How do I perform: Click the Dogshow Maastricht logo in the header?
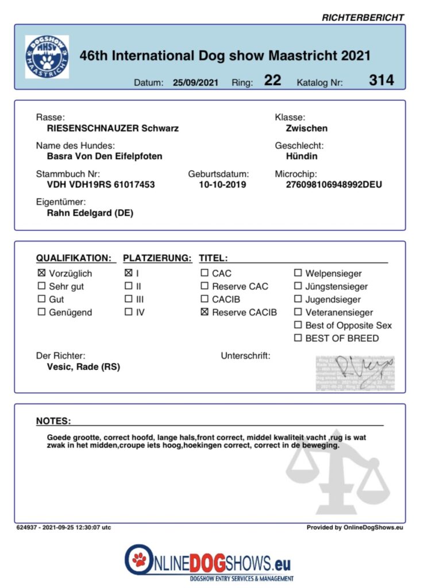pos(47,57)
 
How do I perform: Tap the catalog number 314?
pos(381,80)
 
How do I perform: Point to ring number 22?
pos(272,80)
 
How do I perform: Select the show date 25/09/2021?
pos(196,83)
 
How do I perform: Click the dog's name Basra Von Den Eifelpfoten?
pos(105,156)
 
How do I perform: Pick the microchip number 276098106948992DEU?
pos(334,185)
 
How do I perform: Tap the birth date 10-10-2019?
pos(222,185)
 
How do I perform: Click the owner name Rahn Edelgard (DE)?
pos(90,213)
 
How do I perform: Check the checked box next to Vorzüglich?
pos(41,273)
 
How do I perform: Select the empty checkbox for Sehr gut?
pos(41,287)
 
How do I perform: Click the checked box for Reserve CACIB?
pos(205,312)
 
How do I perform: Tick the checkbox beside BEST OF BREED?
pos(298,338)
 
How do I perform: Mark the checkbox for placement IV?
pos(128,312)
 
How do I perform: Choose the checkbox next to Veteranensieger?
pos(298,312)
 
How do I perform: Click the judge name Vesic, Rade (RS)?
pos(83,367)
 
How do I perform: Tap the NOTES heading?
pos(53,421)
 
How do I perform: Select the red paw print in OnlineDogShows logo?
pos(138,558)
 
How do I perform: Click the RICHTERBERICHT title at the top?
pos(363,18)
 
